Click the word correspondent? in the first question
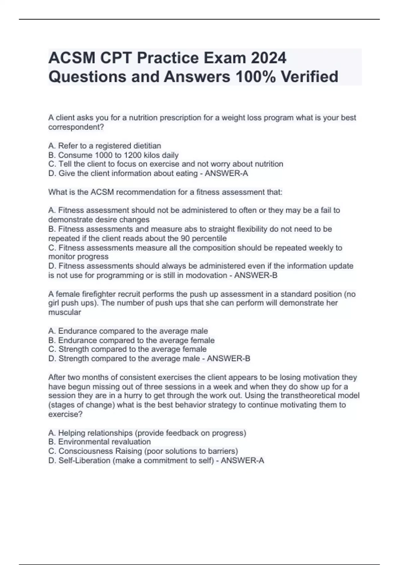[x=76, y=127]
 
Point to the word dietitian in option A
[x=147, y=146]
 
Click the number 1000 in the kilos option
[x=103, y=155]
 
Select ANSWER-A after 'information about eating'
[x=226, y=173]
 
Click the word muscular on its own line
[x=65, y=312]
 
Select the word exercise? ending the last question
[x=66, y=414]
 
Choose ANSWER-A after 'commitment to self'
[x=242, y=460]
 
